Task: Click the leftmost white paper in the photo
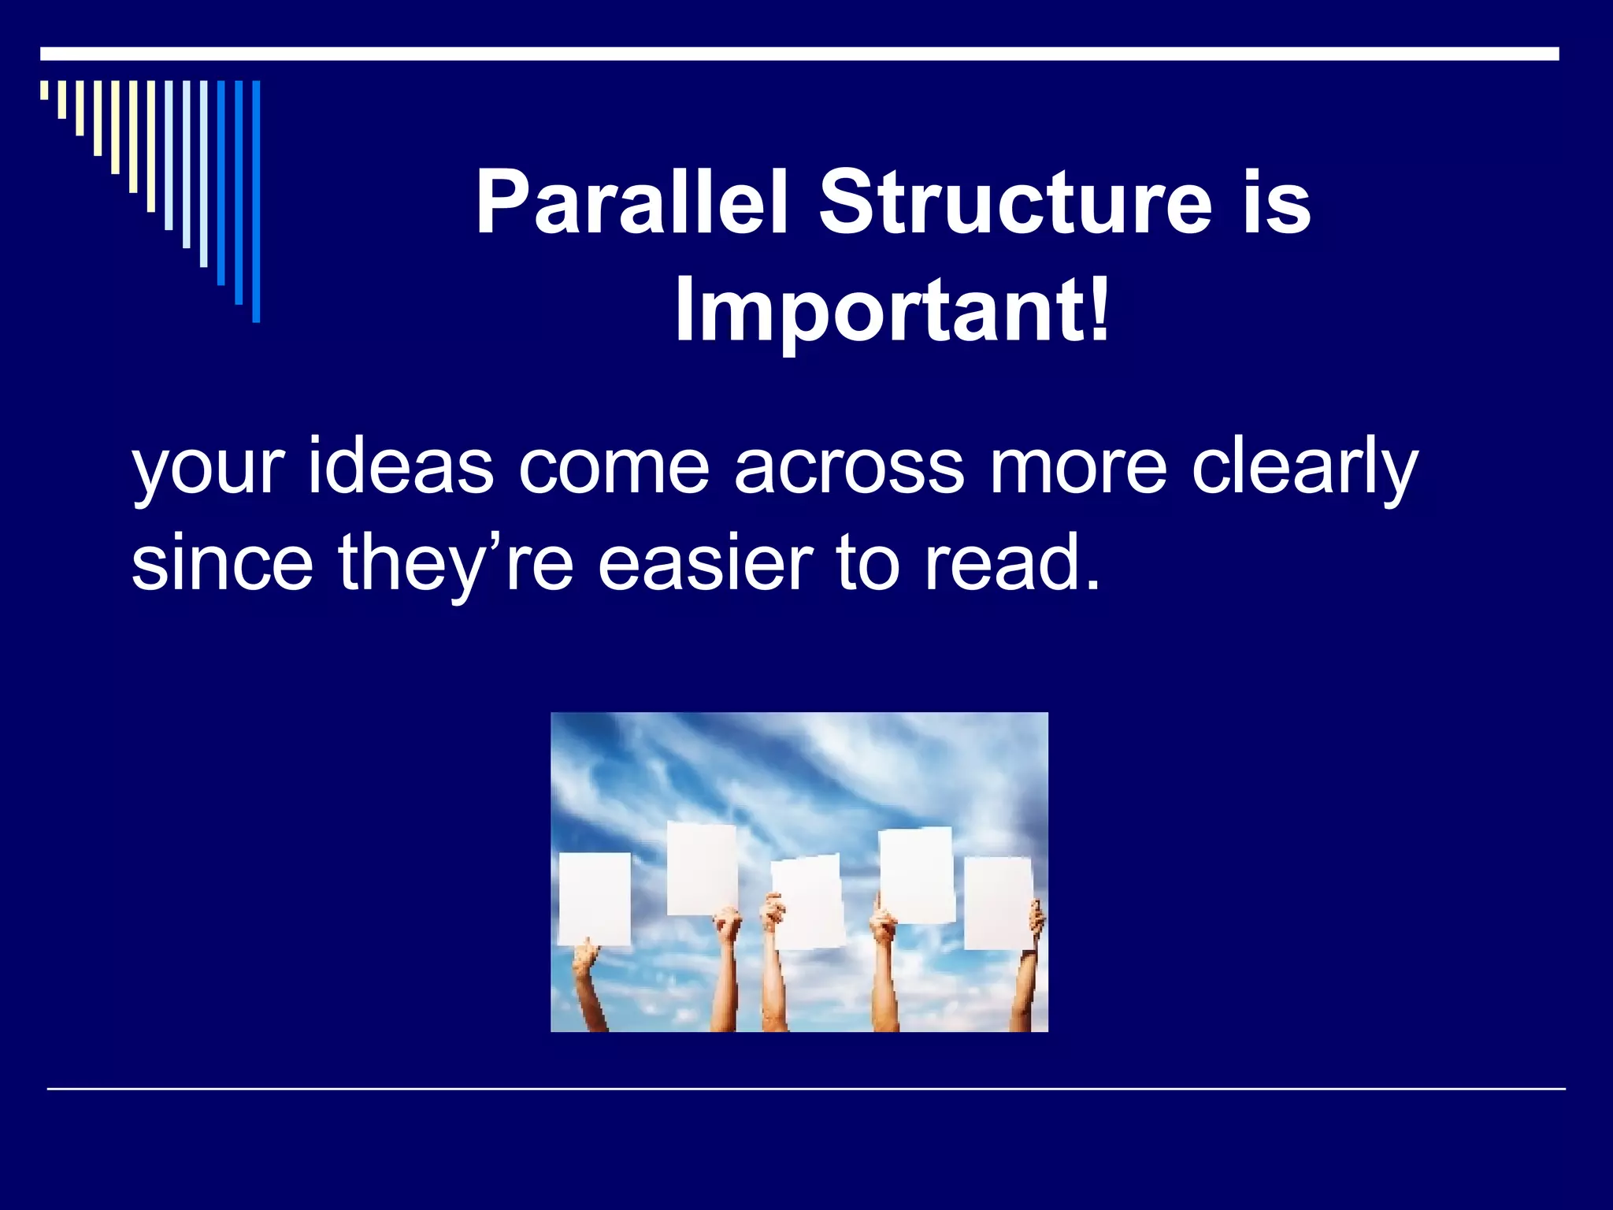pos(595,899)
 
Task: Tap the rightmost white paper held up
pos(999,904)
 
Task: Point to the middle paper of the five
pos(807,904)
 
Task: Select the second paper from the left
pos(702,869)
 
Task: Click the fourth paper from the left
pos(916,875)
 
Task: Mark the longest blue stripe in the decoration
pos(256,202)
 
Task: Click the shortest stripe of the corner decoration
pos(44,91)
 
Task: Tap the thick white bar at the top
pos(799,54)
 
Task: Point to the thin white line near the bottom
pos(806,1089)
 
